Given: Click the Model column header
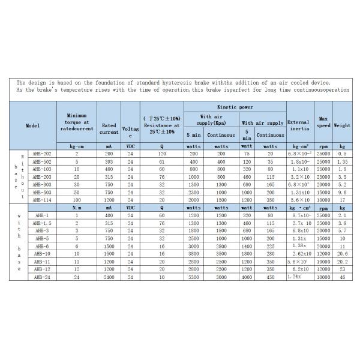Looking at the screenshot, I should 33,126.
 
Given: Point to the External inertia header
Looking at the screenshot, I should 299,125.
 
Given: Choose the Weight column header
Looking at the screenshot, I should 342,126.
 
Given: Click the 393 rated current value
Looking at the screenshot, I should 109,162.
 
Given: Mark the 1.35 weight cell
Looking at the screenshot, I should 342,162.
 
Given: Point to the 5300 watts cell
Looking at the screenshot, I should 193,278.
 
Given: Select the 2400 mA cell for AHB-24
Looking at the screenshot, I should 109,278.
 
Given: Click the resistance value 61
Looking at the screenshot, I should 161,162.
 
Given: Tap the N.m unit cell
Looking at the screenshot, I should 76,206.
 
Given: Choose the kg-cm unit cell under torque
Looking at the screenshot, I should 76,146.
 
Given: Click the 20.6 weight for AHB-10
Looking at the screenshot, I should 342,254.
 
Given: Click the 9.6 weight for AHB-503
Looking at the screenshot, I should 342,193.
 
